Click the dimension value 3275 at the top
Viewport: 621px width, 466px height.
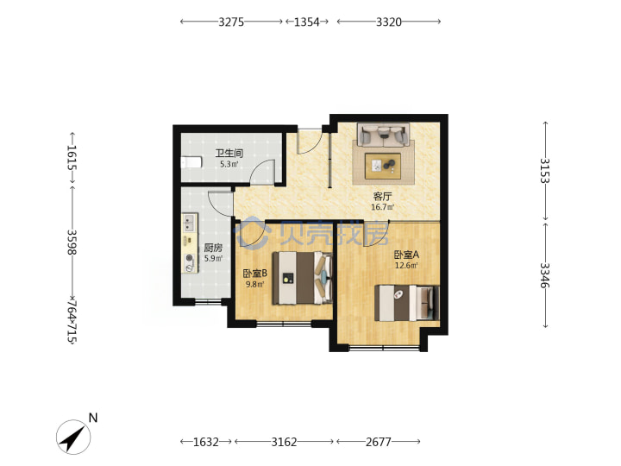click(x=231, y=22)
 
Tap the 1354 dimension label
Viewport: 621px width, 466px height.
click(x=306, y=22)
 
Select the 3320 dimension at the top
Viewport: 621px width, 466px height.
click(x=388, y=22)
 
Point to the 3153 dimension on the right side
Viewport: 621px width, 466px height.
click(x=545, y=170)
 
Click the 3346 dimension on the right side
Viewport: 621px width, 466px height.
click(x=545, y=275)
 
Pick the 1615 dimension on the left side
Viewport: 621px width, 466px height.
click(x=72, y=157)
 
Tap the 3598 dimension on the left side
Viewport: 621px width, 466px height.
click(x=72, y=242)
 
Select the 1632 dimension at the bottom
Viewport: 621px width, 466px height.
click(x=205, y=442)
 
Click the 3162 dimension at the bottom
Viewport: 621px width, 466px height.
click(x=284, y=442)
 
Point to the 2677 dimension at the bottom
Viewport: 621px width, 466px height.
click(x=379, y=442)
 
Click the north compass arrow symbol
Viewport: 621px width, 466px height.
click(x=73, y=438)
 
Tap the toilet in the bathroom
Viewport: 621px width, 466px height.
click(x=191, y=162)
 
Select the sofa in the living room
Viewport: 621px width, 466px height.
click(x=383, y=135)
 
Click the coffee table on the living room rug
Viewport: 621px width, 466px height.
click(x=383, y=167)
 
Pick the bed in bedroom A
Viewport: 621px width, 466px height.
click(x=407, y=303)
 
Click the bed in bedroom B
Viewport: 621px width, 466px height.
click(x=302, y=278)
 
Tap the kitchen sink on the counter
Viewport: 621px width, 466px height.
click(x=189, y=223)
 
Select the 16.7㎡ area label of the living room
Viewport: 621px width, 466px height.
click(x=382, y=207)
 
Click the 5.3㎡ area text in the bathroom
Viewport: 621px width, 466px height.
click(x=229, y=164)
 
